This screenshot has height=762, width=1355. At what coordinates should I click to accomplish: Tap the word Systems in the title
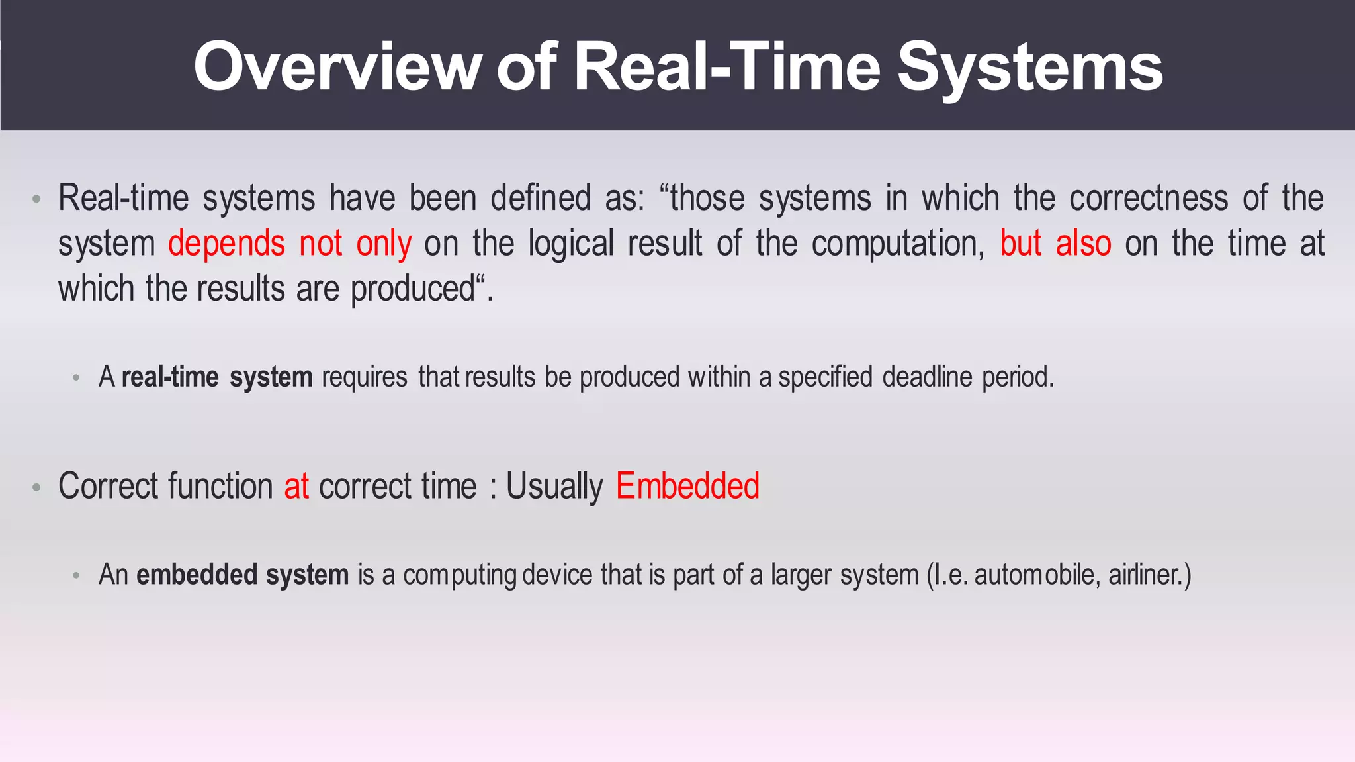(1029, 66)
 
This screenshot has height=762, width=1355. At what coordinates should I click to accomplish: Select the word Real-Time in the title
(727, 66)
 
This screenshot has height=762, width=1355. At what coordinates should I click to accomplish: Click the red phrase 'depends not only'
(289, 243)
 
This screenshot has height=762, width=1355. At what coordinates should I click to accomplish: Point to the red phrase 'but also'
(1055, 243)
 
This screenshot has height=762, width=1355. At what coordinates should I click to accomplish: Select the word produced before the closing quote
(412, 289)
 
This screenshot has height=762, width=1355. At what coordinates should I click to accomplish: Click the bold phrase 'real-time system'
(217, 377)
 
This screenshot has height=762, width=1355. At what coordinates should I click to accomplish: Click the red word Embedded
(687, 486)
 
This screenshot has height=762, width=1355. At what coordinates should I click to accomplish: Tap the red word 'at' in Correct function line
(296, 486)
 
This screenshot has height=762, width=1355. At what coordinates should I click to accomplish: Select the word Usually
(554, 486)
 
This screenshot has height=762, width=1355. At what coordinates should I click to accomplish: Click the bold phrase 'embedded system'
(242, 574)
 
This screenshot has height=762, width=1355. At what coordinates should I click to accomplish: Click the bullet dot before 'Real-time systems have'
(37, 199)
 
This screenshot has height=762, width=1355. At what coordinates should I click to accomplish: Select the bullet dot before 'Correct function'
(37, 487)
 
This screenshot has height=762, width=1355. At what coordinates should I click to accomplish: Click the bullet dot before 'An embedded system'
(77, 575)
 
